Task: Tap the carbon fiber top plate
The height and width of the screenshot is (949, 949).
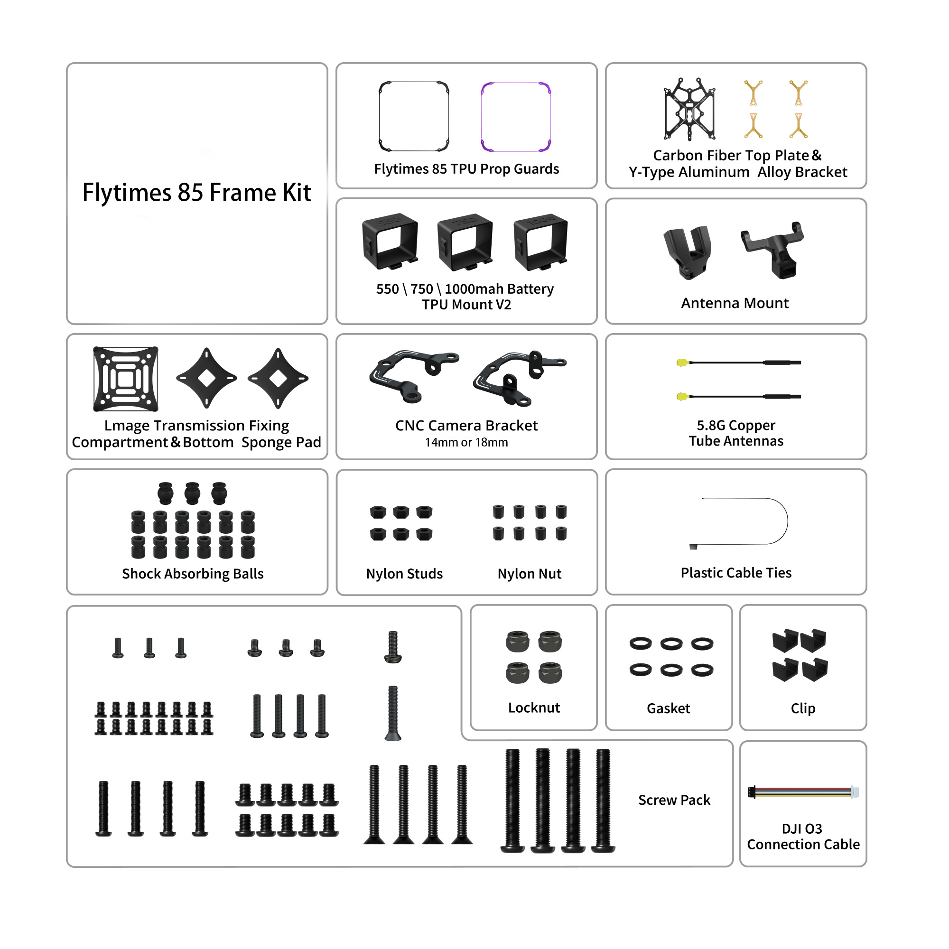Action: (689, 109)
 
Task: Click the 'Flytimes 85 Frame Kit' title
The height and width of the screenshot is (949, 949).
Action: (196, 193)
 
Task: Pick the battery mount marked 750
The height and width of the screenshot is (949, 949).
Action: (465, 242)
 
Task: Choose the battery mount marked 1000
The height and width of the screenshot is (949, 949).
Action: (540, 242)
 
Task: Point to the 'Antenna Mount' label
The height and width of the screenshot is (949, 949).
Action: (735, 303)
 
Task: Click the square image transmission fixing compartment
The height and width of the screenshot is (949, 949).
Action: (126, 379)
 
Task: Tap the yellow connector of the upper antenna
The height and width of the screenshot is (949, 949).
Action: (681, 363)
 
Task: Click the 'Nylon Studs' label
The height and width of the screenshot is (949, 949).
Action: (404, 574)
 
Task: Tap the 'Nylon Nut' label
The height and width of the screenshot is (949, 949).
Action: (529, 574)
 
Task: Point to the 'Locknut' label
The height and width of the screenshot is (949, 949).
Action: (533, 707)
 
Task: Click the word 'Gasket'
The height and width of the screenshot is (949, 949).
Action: (668, 708)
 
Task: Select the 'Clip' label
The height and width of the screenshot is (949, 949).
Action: (803, 708)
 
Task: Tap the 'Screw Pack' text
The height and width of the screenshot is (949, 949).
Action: (674, 800)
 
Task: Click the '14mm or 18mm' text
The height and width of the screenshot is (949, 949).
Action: (466, 443)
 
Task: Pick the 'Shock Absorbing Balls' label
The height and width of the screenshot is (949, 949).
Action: (193, 574)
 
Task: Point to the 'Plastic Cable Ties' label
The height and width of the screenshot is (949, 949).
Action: (735, 573)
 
